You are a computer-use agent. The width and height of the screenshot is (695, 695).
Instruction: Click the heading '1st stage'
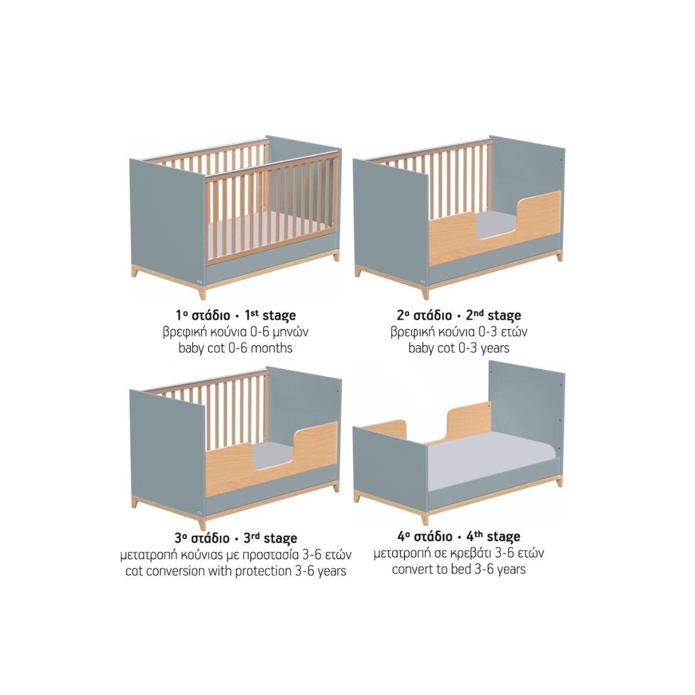point(270,315)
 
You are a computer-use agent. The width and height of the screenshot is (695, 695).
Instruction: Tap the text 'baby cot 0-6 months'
point(236,348)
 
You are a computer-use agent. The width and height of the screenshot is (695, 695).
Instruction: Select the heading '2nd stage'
point(493,315)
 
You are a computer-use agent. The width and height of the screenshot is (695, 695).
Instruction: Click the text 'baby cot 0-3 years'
point(459,348)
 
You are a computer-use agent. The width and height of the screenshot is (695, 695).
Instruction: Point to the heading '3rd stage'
point(270,538)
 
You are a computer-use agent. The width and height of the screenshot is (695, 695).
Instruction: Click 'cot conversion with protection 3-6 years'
point(236,571)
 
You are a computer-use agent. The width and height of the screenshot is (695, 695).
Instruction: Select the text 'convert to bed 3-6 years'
point(459,569)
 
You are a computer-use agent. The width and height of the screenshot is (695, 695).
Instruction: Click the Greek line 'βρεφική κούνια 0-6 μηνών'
point(236,332)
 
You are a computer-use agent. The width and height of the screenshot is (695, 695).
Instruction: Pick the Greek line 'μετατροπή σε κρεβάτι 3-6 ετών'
point(459,553)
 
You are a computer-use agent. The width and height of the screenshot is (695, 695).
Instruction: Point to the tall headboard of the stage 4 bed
point(526,415)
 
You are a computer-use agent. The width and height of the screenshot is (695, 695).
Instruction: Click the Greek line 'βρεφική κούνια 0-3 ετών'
point(459,332)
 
